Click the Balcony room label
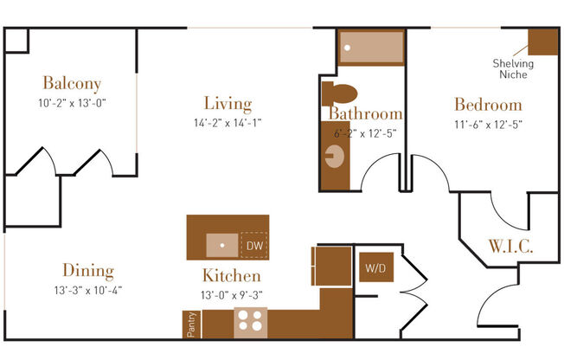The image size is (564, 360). tap(72, 83)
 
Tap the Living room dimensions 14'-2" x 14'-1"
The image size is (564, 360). tap(228, 123)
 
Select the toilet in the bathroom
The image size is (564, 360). tap(339, 93)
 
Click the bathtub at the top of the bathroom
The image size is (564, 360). tap(371, 48)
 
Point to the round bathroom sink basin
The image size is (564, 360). tap(335, 157)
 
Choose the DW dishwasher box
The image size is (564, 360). tap(254, 246)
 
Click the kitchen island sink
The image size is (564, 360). tap(222, 245)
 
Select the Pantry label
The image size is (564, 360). tap(192, 325)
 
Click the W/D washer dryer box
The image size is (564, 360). tap(376, 267)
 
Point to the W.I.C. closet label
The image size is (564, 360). tap(510, 247)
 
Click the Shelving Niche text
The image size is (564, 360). tap(513, 68)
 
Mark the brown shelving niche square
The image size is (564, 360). tap(542, 42)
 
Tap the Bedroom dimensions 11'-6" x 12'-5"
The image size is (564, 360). tap(488, 125)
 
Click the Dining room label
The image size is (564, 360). tap(88, 270)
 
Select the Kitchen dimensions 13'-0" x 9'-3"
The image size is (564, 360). tap(232, 295)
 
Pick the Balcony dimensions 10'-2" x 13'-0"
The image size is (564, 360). tap(72, 103)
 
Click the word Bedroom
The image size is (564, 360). tap(488, 105)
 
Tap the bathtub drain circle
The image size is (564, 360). tap(347, 48)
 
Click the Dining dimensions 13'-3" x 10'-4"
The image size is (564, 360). tap(88, 290)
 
